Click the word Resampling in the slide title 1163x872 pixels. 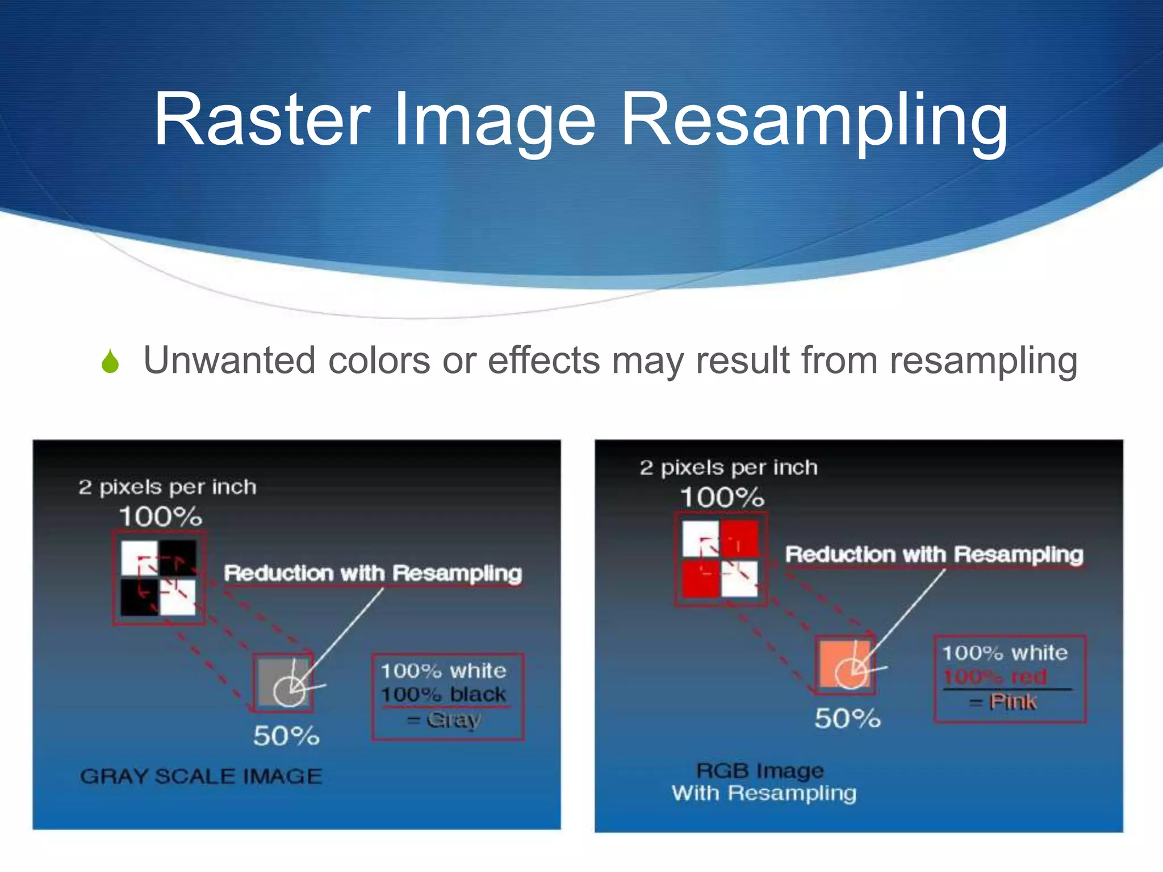[x=813, y=120]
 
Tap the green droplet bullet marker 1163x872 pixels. [x=110, y=362]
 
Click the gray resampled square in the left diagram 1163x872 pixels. [x=283, y=681]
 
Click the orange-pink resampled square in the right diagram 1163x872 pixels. [x=844, y=664]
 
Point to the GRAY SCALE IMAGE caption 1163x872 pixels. [x=201, y=776]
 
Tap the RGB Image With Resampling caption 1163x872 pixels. [x=763, y=782]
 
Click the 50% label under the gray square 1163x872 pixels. [x=286, y=736]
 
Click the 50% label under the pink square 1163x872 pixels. [x=847, y=718]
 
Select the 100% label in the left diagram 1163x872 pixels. [x=160, y=517]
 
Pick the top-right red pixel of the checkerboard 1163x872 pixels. [x=739, y=538]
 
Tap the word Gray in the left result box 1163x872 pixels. [x=453, y=720]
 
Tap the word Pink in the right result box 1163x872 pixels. [x=1013, y=702]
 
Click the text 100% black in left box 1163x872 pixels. [x=443, y=694]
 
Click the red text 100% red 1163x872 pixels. [x=994, y=677]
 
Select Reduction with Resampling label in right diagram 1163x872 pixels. [x=934, y=554]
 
